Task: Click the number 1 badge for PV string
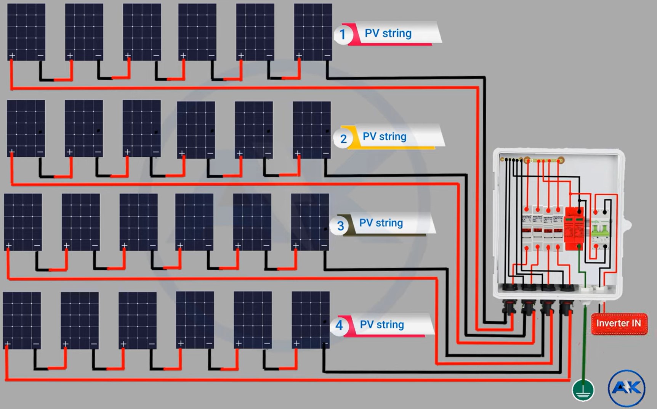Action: point(342,34)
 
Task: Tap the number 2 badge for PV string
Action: point(343,138)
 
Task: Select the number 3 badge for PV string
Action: point(340,225)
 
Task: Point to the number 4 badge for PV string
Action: point(339,325)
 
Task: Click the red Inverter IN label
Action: point(619,324)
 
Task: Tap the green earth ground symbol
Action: point(583,390)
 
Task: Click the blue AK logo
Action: point(626,388)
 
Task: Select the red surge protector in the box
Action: point(574,228)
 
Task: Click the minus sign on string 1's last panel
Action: point(327,56)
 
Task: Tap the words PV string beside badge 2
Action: point(384,137)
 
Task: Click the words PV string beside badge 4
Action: point(381,325)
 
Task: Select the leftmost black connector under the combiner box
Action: point(509,306)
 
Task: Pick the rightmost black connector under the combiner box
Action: point(566,306)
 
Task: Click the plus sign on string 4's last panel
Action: point(296,344)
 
